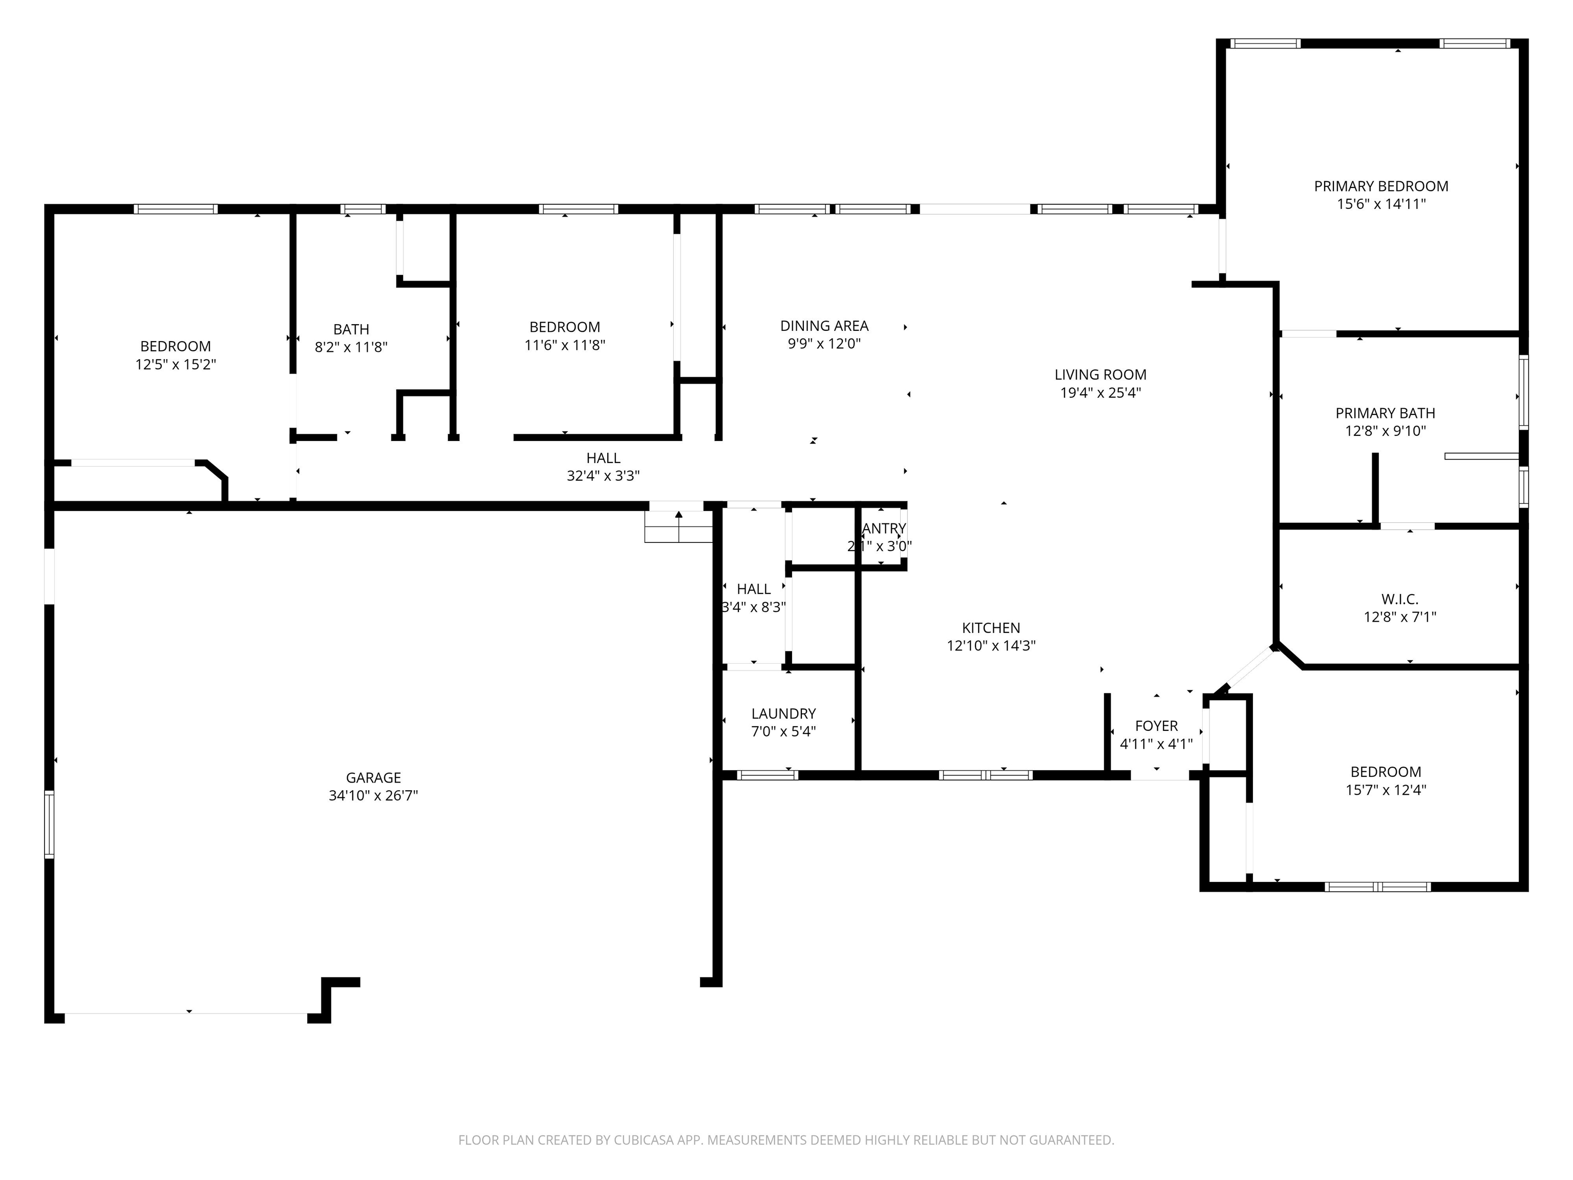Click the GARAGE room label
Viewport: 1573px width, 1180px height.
pyautogui.click(x=373, y=777)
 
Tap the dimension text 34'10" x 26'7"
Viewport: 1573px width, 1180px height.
pyautogui.click(x=373, y=796)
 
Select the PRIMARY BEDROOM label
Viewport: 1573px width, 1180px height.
pyautogui.click(x=1381, y=186)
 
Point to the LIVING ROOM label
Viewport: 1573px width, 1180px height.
pyautogui.click(x=1100, y=375)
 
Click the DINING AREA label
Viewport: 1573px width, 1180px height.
pyautogui.click(x=824, y=326)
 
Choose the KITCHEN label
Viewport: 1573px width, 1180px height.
pyautogui.click(x=991, y=628)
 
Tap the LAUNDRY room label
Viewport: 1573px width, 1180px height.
pyautogui.click(x=783, y=713)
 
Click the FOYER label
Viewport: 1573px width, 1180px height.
pyautogui.click(x=1156, y=726)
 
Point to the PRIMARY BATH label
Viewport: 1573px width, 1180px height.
pyautogui.click(x=1385, y=413)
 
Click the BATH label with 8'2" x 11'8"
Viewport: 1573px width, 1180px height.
pyautogui.click(x=351, y=329)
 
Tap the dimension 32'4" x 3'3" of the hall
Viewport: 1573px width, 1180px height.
pyautogui.click(x=603, y=476)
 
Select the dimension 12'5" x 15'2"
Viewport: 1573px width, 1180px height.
pyautogui.click(x=176, y=365)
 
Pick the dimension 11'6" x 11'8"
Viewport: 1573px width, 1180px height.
pyautogui.click(x=565, y=346)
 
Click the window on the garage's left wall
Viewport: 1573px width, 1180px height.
pyautogui.click(x=49, y=825)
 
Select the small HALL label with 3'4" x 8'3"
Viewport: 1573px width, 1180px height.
pyautogui.click(x=754, y=589)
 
